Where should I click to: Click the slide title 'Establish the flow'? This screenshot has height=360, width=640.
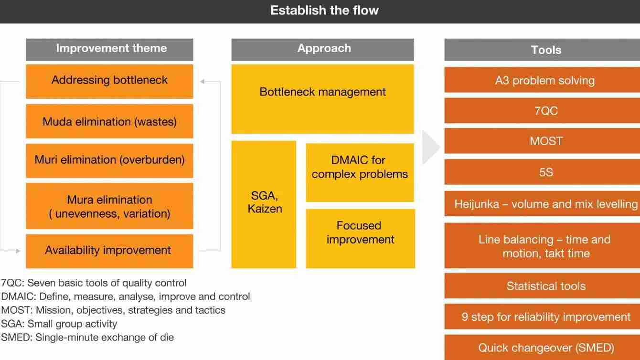click(x=324, y=11)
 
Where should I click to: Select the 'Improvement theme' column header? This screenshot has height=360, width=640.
click(x=109, y=50)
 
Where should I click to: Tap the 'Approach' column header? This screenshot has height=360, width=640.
click(x=322, y=50)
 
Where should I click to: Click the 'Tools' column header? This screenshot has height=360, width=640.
click(x=542, y=50)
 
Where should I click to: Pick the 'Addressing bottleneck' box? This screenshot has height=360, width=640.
click(x=109, y=82)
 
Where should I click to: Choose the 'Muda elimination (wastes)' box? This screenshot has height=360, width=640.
click(x=109, y=121)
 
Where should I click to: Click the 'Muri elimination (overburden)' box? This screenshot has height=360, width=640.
click(x=109, y=160)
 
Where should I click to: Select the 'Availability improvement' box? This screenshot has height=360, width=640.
click(x=109, y=251)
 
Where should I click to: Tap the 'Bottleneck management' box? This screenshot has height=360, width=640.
click(x=322, y=99)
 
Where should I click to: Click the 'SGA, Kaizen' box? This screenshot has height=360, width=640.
click(x=264, y=204)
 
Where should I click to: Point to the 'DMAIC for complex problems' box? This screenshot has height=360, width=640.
click(x=360, y=172)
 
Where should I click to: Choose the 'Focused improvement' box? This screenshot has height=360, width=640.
click(x=360, y=239)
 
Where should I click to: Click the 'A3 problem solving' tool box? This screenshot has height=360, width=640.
click(x=542, y=80)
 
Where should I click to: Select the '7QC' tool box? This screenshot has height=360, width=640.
click(x=542, y=111)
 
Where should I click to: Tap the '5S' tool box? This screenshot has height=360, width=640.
click(x=542, y=172)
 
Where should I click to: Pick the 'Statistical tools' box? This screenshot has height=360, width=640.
click(x=542, y=286)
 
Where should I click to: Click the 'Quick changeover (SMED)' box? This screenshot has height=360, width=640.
click(x=542, y=347)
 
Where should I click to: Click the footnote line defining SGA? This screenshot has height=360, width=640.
click(x=59, y=324)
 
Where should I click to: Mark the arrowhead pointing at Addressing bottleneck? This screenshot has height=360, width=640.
click(x=203, y=82)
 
